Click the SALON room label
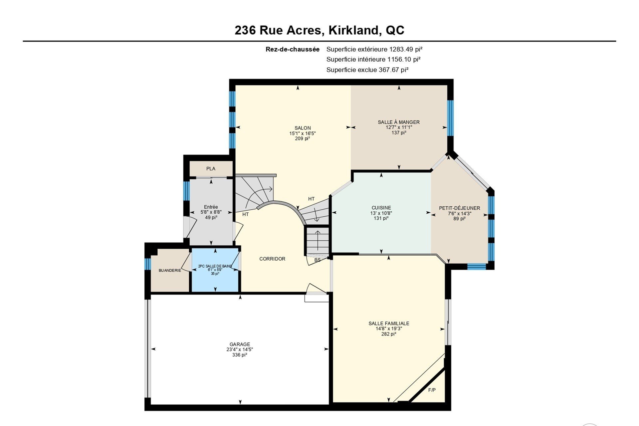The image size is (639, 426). tap(303, 128)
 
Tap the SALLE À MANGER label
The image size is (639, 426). tap(399, 122)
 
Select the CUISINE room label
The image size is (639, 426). tap(381, 208)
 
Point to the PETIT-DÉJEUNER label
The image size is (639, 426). tap(460, 208)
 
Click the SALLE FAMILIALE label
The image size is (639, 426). tap(389, 323)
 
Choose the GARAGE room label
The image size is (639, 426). tap(240, 344)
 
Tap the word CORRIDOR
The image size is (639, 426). tap(272, 259)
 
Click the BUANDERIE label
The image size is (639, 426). tap(170, 271)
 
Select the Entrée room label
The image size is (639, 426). tap(211, 207)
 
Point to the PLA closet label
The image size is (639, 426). tap(211, 169)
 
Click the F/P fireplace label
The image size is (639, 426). tap(432, 390)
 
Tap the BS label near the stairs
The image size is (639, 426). tap(318, 260)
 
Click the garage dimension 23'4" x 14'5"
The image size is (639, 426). tap(240, 349)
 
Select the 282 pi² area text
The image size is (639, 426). tap(389, 334)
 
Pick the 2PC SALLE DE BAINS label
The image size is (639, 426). tap(215, 266)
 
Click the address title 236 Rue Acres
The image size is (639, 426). tap(279, 30)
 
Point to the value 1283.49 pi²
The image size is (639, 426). tap(406, 49)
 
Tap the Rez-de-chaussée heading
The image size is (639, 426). tap(293, 49)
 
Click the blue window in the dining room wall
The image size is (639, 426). tap(450, 118)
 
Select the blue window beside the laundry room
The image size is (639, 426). tap(148, 264)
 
